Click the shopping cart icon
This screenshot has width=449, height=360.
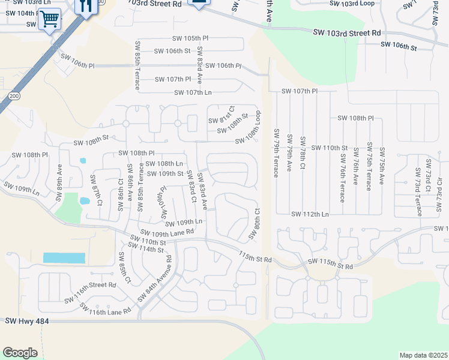tap(49, 20)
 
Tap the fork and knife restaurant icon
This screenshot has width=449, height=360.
tap(86, 6)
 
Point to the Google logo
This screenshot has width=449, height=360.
tap(20, 353)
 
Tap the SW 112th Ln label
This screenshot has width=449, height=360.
tap(310, 214)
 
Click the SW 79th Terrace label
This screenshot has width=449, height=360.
tap(277, 153)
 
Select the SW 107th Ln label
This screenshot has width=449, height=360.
tap(193, 92)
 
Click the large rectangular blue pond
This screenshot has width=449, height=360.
tap(64, 258)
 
